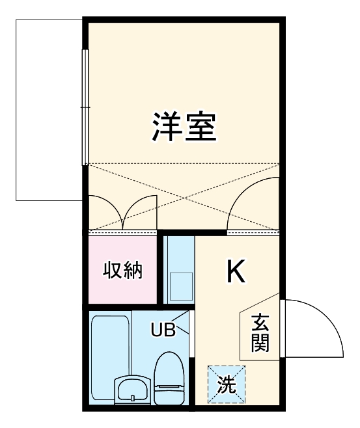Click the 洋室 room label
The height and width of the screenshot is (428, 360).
click(x=184, y=127)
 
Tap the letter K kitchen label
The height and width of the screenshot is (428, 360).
click(x=236, y=272)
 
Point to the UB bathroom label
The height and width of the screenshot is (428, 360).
click(x=163, y=330)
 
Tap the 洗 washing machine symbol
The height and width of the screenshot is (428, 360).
click(x=226, y=384)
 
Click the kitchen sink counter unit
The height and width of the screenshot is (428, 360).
click(x=178, y=269)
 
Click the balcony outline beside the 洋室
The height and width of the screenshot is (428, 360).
click(x=49, y=111)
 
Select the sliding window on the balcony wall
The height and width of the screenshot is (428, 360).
click(x=84, y=107)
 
